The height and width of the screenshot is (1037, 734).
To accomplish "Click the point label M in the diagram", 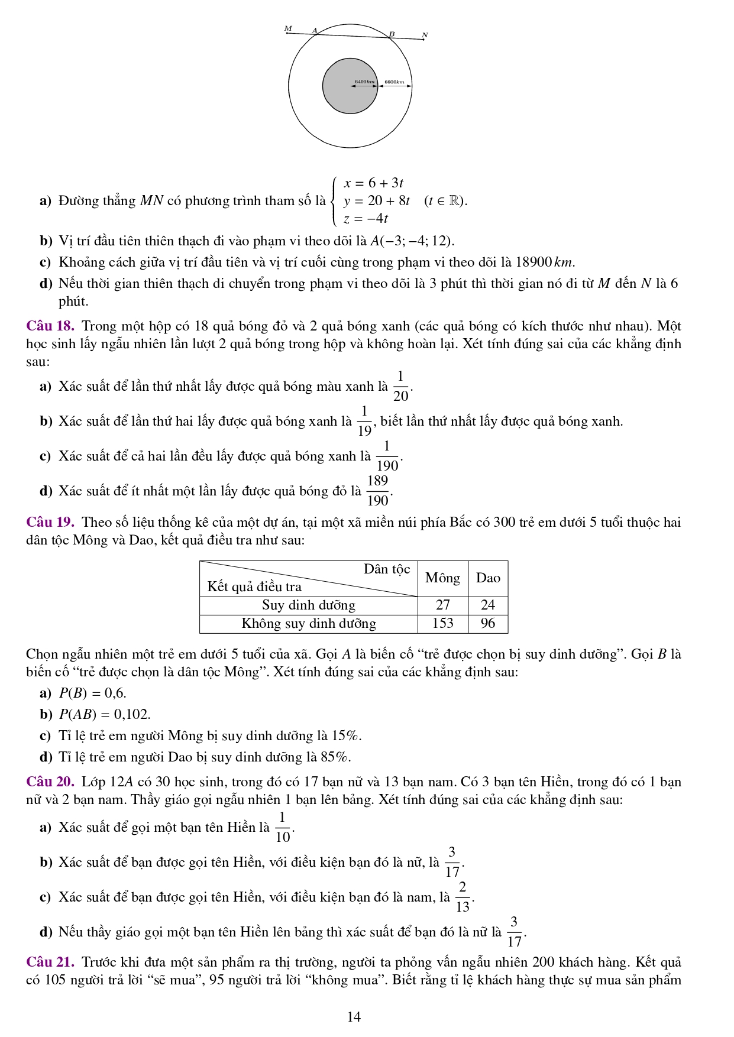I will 288,28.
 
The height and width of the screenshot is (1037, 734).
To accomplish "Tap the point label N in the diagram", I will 424,35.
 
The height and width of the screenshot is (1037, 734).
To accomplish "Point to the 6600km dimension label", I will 394,82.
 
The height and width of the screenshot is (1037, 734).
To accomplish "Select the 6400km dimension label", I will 365,82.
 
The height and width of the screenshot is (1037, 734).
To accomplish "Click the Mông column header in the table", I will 442,578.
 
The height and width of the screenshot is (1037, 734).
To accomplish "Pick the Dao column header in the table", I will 488,578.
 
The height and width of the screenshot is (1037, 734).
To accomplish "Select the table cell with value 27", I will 442,605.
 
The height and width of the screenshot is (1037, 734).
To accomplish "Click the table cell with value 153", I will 442,623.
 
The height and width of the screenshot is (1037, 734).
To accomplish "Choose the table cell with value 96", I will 488,623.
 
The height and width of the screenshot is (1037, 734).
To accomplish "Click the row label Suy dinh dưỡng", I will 309,605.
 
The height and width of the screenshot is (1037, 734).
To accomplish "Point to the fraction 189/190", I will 378,491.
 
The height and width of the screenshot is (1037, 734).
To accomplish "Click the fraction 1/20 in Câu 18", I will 400,386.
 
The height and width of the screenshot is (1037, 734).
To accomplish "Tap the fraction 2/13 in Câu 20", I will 463,897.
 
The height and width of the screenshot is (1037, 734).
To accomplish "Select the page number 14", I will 354,1017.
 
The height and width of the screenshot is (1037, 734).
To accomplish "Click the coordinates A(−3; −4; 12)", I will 412,241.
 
